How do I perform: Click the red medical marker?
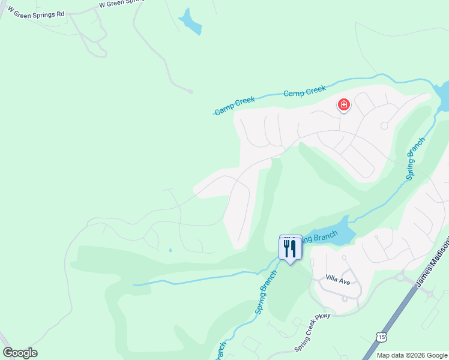pyautogui.click(x=344, y=105)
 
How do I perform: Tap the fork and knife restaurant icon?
pyautogui.click(x=291, y=248)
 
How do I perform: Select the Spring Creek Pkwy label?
pyautogui.click(x=312, y=340)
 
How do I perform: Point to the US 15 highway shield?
pyautogui.click(x=382, y=338)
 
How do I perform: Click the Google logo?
pyautogui.click(x=20, y=353)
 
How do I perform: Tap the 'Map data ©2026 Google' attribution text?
pyautogui.click(x=412, y=355)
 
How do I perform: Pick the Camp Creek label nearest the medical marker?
pyautogui.click(x=304, y=92)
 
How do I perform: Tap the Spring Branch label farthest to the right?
pyautogui.click(x=415, y=158)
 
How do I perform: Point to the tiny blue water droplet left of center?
pyautogui.click(x=170, y=250)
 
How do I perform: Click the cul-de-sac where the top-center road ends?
pyautogui.click(x=190, y=91)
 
